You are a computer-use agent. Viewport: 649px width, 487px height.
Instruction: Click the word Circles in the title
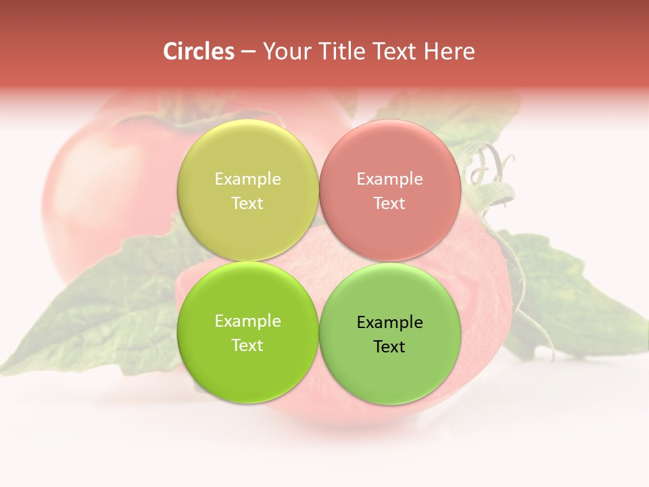coord(199,51)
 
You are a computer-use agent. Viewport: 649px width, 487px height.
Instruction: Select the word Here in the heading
coord(450,51)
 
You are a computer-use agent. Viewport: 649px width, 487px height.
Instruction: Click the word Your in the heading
coord(283,51)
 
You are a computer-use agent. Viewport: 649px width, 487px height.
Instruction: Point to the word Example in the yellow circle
coord(247,179)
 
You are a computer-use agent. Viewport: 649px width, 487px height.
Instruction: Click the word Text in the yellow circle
coord(247,204)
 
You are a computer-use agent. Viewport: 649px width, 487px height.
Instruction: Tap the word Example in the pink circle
coord(390,179)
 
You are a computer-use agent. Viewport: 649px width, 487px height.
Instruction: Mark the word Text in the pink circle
coord(390,204)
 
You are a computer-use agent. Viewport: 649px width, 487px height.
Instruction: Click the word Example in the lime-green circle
coord(247,321)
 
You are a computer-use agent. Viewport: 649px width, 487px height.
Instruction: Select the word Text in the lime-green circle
coord(247,346)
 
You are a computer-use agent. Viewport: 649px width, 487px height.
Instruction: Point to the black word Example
coord(390,323)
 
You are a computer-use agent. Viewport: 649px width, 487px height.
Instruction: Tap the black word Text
coord(390,347)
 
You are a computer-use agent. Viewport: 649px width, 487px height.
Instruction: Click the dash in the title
coord(248,52)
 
